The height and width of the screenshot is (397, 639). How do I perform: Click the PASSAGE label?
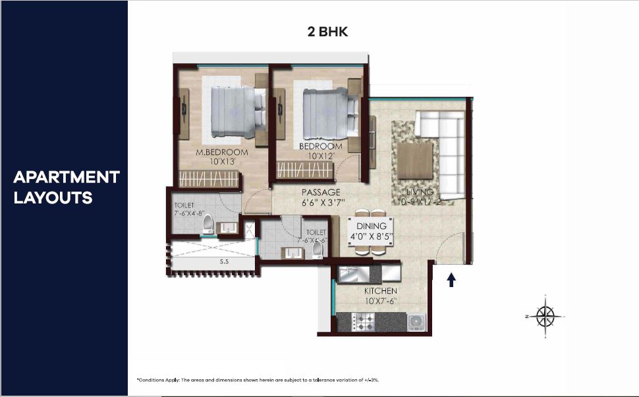point(320,192)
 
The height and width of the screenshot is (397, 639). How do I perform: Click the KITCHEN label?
point(381,290)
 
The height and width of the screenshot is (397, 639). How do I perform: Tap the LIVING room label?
point(420,192)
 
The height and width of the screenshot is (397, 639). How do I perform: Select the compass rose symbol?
point(545,316)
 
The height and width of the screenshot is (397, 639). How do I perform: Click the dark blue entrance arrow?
point(451,280)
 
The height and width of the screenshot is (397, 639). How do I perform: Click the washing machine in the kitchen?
point(416,321)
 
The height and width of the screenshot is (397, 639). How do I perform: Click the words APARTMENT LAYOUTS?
point(66,187)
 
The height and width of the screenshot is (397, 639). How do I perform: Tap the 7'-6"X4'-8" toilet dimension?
point(190,214)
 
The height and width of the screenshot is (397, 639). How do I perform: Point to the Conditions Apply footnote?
point(258,380)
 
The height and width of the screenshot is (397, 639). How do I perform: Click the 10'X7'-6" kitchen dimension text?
point(381,301)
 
